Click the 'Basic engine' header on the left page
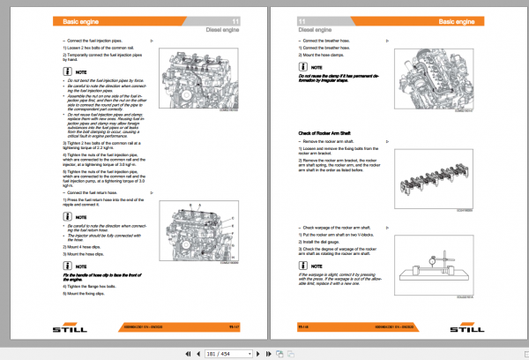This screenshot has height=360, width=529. (81, 19)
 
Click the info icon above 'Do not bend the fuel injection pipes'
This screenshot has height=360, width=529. (67, 71)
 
